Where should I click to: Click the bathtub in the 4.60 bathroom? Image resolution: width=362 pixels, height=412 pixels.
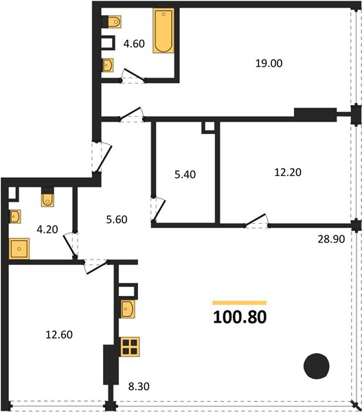coord(163,31)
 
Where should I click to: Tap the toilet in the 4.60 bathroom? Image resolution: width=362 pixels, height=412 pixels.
coord(115,21)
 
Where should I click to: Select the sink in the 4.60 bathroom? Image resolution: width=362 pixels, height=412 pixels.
coord(108,65)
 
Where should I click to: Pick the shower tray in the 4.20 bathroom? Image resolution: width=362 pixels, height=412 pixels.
coord(19,249)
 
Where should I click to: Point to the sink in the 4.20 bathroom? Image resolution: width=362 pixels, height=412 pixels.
coord(15,216)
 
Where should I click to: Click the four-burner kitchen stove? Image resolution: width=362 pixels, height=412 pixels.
coord(130,347)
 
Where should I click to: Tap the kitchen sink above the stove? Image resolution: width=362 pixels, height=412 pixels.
coord(128,309)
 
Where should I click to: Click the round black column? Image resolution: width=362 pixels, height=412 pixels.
coord(316,366)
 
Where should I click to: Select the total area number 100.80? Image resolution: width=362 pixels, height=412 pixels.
coord(240,317)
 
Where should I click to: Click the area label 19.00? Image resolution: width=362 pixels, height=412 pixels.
coord(269,63)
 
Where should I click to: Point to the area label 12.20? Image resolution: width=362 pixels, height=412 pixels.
coord(288,172)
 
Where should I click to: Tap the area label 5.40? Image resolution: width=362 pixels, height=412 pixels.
coord(185,174)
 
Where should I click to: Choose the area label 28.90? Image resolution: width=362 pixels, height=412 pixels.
coord(331,239)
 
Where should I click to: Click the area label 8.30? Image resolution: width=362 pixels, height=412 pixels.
coord(139,386)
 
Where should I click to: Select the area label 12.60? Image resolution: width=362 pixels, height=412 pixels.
coord(59,335)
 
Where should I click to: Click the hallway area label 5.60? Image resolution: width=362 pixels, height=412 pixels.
coord(117,220)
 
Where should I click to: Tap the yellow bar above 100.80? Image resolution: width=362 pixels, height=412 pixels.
coord(240,303)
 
